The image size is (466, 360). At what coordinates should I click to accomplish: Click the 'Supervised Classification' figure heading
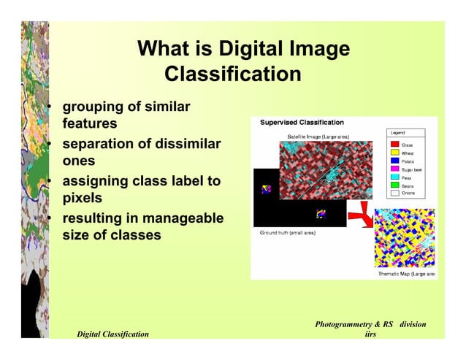point(302,123)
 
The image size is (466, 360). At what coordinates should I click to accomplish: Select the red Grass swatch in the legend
point(394,145)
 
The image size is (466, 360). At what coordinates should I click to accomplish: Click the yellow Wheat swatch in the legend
point(394,153)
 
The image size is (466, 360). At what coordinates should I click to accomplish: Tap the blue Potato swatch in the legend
point(394,161)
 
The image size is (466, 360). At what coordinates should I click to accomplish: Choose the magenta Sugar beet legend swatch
point(394,169)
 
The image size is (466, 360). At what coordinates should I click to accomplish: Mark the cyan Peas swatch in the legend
point(394,177)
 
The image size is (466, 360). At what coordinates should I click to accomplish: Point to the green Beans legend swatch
point(394,185)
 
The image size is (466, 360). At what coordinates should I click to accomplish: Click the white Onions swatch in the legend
point(394,194)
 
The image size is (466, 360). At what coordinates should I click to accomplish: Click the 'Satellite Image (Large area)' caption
point(318,136)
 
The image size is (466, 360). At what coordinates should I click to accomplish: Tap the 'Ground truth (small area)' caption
point(288,233)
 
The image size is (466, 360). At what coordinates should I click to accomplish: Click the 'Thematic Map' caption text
point(405,274)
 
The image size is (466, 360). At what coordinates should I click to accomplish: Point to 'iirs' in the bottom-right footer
point(370,334)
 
